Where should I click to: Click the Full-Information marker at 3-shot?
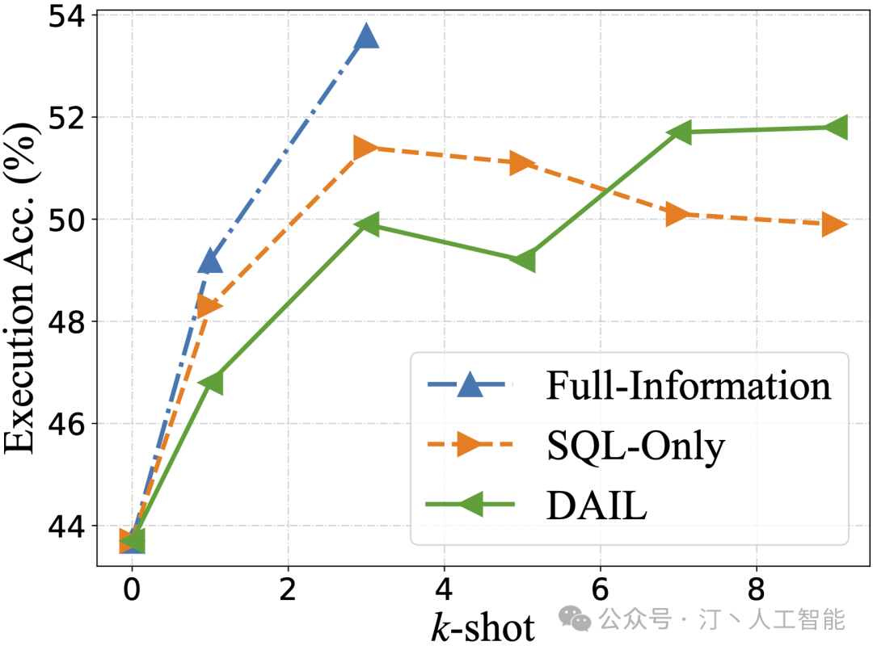[366, 36]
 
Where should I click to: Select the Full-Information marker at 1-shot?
[210, 261]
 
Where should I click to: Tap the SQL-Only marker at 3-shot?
[366, 148]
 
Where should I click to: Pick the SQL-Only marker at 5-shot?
[522, 163]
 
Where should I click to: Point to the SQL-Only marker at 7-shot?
[678, 214]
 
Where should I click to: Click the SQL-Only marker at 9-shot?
[834, 224]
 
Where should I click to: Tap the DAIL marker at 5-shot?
[522, 261]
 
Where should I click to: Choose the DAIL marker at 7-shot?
[678, 132]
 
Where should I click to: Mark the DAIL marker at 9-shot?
[834, 127]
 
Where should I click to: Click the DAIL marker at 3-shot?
[366, 224]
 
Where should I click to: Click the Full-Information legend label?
[689, 387]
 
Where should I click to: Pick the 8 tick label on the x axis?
[756, 592]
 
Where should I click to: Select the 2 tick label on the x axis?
[288, 592]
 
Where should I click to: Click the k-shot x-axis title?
[483, 627]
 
